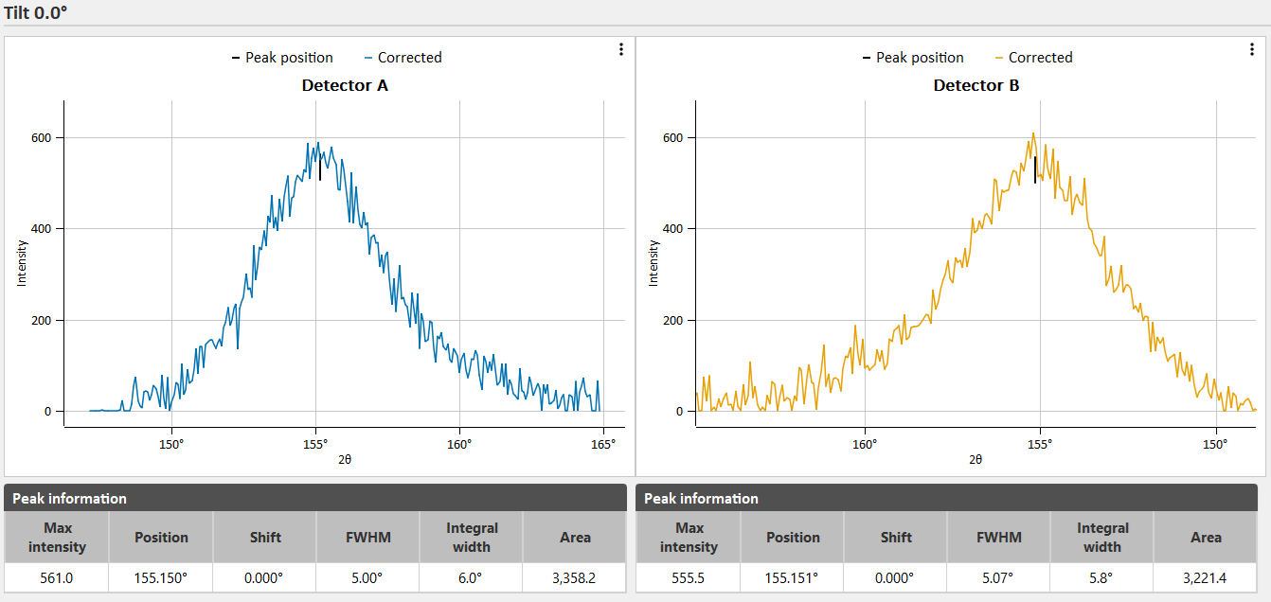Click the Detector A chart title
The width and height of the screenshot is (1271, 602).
[345, 85]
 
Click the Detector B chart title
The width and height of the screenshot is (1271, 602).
[976, 85]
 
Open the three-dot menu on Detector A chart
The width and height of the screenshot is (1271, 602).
[620, 49]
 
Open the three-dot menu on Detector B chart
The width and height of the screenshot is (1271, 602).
[1251, 49]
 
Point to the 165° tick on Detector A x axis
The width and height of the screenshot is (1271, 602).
[603, 443]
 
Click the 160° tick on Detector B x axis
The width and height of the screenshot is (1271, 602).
[865, 443]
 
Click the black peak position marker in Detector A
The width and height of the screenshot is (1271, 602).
[320, 168]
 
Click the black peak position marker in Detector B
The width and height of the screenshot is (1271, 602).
[1035, 168]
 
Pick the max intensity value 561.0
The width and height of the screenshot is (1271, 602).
[57, 578]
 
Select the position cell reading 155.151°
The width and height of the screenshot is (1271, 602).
[793, 578]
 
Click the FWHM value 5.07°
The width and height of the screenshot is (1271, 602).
[998, 578]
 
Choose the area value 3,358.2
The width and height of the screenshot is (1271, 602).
[575, 578]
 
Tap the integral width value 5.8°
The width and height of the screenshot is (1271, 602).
[1102, 578]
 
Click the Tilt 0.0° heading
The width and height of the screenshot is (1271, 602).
[35, 12]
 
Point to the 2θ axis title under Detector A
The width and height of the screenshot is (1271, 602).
[345, 459]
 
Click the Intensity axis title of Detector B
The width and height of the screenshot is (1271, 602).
[653, 263]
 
